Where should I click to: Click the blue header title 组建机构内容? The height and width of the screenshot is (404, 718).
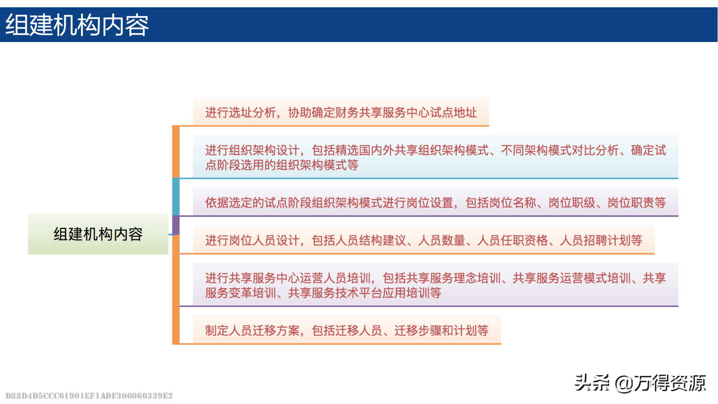pyautogui.click(x=77, y=25)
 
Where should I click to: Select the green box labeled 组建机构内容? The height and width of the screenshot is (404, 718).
pyautogui.click(x=98, y=234)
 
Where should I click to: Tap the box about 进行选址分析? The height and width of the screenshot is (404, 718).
pyautogui.click(x=341, y=112)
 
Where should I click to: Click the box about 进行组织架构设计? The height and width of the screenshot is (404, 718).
pyautogui.click(x=435, y=157)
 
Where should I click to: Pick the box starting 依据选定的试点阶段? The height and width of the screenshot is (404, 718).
pyautogui.click(x=435, y=202)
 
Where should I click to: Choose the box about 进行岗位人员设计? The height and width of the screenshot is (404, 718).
pyautogui.click(x=424, y=240)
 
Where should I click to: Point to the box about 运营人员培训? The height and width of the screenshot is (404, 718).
pyautogui.click(x=435, y=284)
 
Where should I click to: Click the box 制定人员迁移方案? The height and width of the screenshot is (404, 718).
pyautogui.click(x=347, y=330)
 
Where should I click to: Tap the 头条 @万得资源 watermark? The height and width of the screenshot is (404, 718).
pyautogui.click(x=640, y=383)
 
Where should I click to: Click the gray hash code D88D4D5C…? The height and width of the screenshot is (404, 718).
pyautogui.click(x=89, y=396)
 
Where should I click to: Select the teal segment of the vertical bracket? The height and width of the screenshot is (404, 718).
pyautogui.click(x=176, y=197)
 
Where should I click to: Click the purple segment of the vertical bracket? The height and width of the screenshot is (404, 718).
pyautogui.click(x=176, y=225)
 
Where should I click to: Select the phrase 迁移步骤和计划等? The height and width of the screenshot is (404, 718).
pyautogui.click(x=441, y=330)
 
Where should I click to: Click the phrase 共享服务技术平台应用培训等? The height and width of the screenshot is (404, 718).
pyautogui.click(x=364, y=293)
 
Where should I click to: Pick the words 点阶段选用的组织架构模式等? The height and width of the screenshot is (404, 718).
pyautogui.click(x=282, y=165)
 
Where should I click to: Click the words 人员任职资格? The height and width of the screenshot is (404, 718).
pyautogui.click(x=512, y=240)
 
